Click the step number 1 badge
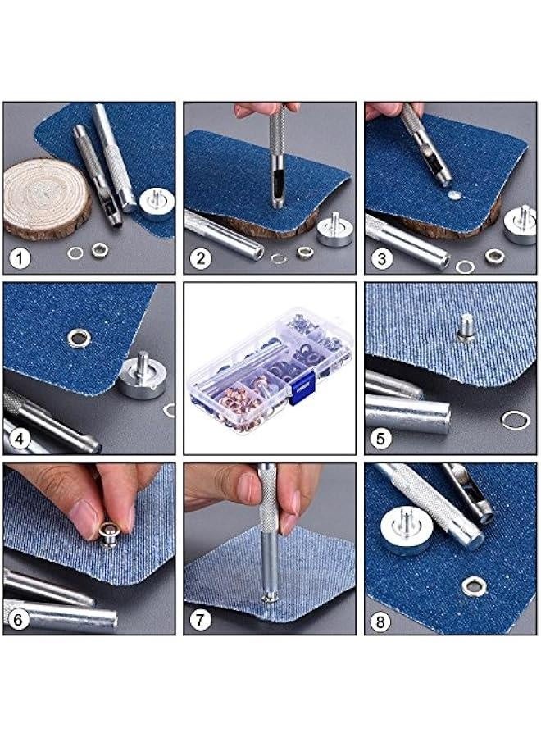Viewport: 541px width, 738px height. (x=20, y=259)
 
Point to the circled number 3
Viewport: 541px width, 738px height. (x=381, y=259)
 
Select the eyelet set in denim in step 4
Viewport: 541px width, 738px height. (x=79, y=336)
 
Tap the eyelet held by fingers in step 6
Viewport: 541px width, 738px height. (x=109, y=534)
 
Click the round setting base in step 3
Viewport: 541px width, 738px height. (x=521, y=226)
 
